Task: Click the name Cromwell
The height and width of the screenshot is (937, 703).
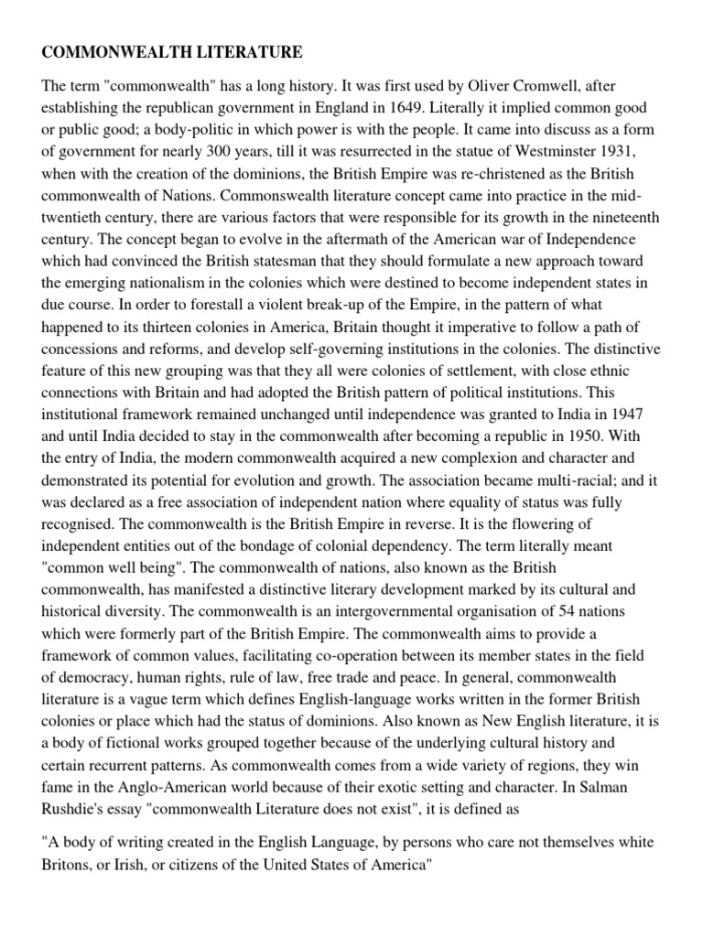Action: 534,85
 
